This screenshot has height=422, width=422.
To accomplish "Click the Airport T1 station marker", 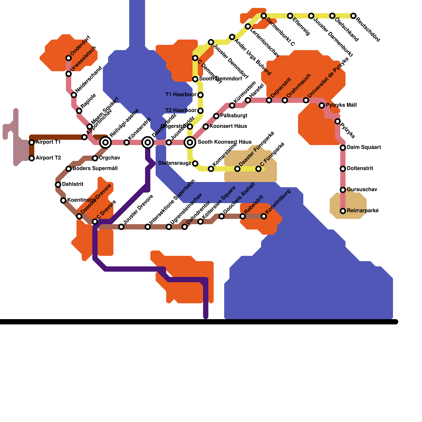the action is point(32,142).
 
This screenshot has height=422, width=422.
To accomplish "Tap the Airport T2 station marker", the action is point(32,158).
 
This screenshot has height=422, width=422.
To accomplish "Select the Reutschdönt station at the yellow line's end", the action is point(353,16).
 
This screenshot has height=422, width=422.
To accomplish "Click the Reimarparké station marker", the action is point(343,211).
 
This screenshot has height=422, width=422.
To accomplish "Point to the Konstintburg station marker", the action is point(264,216).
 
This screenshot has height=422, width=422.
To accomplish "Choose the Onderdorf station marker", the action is point(69,58).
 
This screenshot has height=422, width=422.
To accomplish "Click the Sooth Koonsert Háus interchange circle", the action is point(190,142).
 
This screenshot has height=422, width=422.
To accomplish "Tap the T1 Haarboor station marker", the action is point(200,95).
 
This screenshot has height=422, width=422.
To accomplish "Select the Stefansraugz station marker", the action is point(195,164).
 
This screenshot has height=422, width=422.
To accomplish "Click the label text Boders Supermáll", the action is point(95,169).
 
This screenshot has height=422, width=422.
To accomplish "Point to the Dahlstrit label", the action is point(73,184).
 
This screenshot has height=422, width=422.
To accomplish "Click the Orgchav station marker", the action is point(95,158).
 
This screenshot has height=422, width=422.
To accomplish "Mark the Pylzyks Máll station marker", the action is point(322,105).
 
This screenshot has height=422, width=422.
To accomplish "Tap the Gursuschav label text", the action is point(362,190).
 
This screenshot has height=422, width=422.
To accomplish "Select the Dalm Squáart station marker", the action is point(343,148).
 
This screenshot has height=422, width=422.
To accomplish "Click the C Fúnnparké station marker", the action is point(258,169).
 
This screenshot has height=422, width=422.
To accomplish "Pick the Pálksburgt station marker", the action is point(216,116).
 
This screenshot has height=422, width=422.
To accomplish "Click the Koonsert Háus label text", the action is point(228,126).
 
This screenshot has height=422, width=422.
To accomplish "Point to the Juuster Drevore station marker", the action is point(121,227).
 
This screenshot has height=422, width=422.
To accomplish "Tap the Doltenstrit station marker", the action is point(343,169).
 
